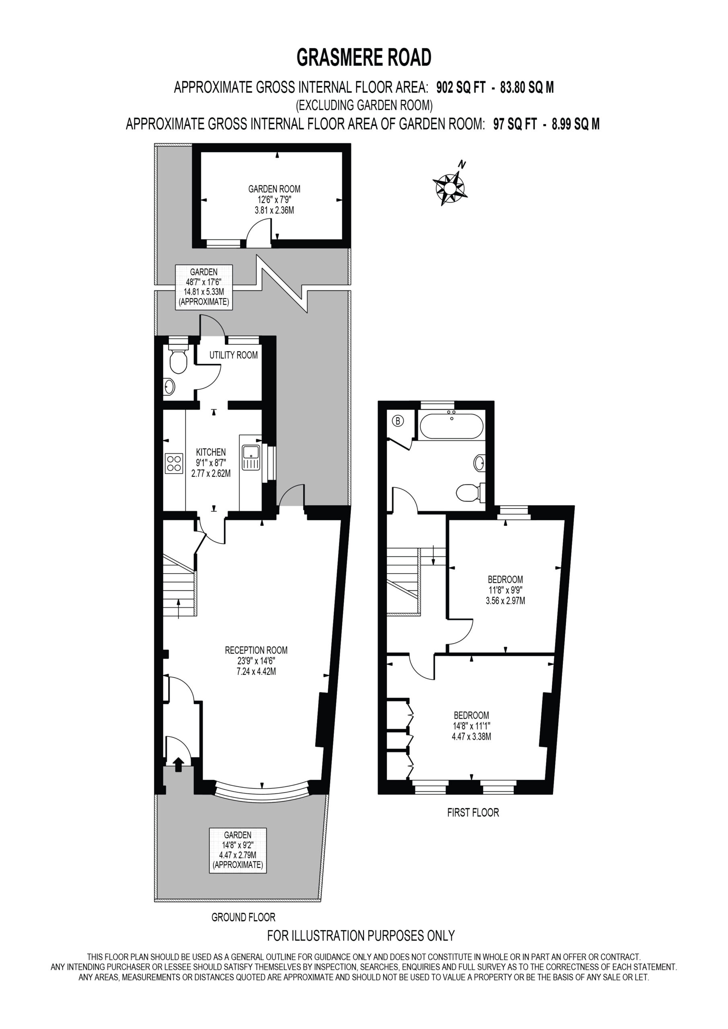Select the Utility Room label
[234, 355]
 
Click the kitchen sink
[251, 457]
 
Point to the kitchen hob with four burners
[174, 463]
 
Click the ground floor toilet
[178, 357]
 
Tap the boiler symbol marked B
[397, 421]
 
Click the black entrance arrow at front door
[179, 764]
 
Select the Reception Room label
[256, 650]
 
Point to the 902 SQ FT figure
[461, 87]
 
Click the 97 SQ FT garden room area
[515, 124]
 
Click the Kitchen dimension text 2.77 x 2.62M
[211, 473]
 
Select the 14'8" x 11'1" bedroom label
[471, 726]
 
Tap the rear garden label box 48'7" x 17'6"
[204, 287]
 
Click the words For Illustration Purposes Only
[361, 935]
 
